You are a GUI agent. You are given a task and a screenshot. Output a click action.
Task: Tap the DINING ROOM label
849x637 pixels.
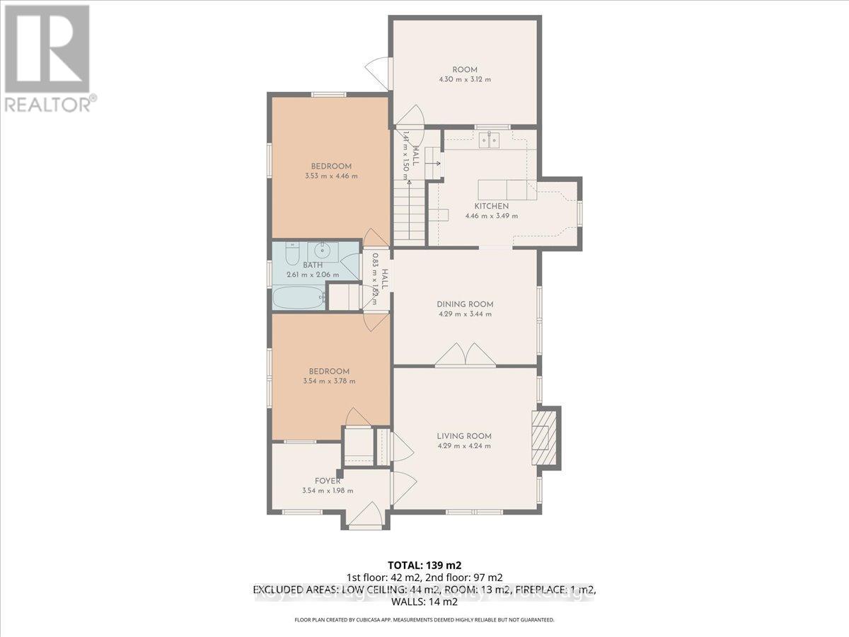pyautogui.click(x=464, y=304)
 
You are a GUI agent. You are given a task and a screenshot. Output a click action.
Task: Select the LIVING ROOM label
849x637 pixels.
pyautogui.click(x=463, y=436)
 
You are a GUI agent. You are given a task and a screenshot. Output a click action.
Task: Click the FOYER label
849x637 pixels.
pyautogui.click(x=329, y=481)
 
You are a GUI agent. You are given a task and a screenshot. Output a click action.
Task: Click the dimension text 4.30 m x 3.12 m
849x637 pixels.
pyautogui.click(x=465, y=79)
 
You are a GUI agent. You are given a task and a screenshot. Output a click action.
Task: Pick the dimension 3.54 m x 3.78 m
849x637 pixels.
pyautogui.click(x=329, y=381)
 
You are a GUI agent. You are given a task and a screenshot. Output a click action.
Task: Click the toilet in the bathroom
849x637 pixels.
pyautogui.click(x=291, y=252)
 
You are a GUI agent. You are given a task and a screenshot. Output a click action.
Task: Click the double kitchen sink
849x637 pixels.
pyautogui.click(x=490, y=141)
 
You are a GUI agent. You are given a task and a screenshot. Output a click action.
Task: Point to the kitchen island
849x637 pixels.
pyautogui.click(x=506, y=190)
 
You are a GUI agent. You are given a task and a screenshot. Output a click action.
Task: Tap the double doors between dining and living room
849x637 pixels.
pyautogui.click(x=464, y=355)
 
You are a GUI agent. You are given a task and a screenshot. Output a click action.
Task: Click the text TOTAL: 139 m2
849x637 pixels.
pyautogui.click(x=424, y=565)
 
